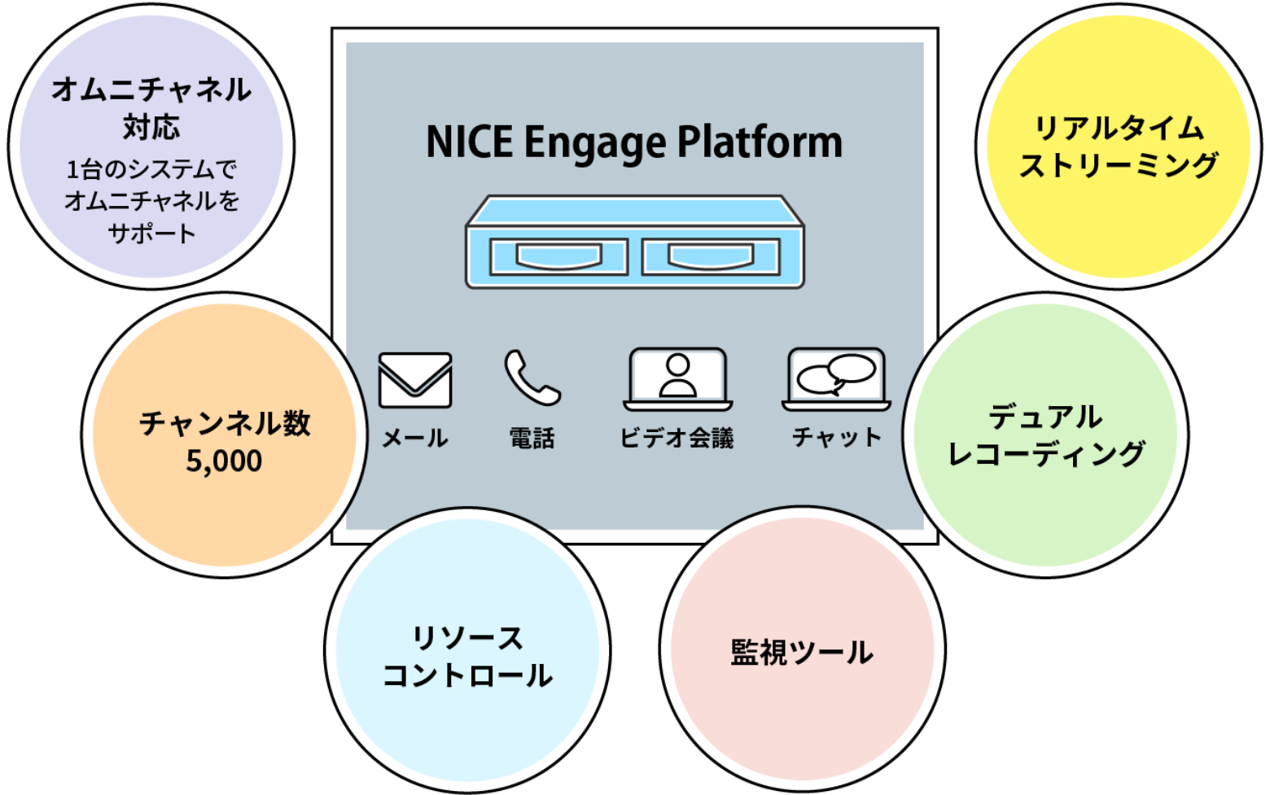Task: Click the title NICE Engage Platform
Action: pos(633,142)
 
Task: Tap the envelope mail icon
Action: pos(415,380)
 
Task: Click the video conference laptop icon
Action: pos(677,379)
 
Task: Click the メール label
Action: pos(415,439)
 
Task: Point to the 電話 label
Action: pos(532,439)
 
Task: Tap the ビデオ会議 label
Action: pos(677,439)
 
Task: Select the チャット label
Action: pos(836,438)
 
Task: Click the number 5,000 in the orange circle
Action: pos(224,461)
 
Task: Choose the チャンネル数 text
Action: pos(225,423)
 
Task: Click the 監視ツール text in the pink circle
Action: pos(802,653)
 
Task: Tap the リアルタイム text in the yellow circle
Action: pos(1119,129)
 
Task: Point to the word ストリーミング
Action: pos(1119,165)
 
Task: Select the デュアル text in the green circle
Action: pos(1045,417)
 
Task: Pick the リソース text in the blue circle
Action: pos(467,638)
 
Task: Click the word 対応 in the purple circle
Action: pos(151,127)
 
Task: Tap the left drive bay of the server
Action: pos(558,257)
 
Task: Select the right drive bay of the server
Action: pos(711,257)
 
